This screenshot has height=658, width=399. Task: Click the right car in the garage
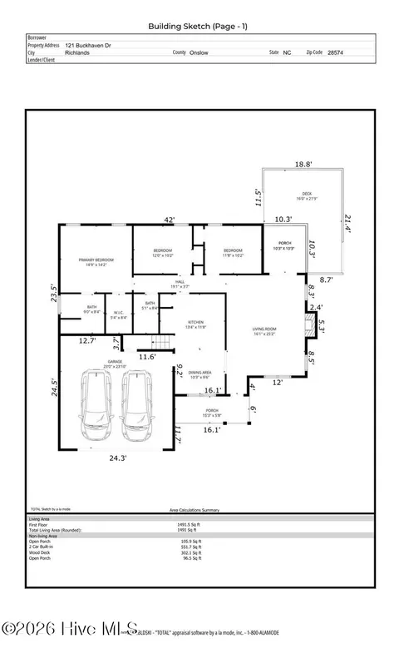pyautogui.click(x=137, y=407)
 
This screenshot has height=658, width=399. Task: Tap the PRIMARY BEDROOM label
pyautogui.click(x=96, y=262)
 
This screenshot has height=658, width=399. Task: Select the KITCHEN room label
pyautogui.click(x=195, y=324)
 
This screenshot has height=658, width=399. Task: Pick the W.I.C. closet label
pyautogui.click(x=119, y=314)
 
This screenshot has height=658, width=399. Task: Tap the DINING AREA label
pyautogui.click(x=199, y=374)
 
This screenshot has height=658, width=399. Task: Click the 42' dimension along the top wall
pyautogui.click(x=169, y=220)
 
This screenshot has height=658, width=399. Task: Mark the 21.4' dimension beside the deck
pyautogui.click(x=347, y=222)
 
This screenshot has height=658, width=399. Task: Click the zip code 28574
pyautogui.click(x=335, y=52)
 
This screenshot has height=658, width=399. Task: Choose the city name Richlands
pyautogui.click(x=77, y=52)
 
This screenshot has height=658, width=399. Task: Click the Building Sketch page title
pyautogui.click(x=199, y=27)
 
